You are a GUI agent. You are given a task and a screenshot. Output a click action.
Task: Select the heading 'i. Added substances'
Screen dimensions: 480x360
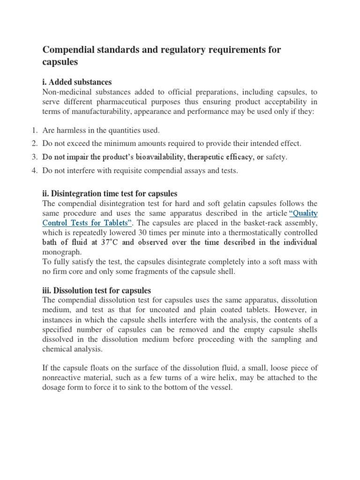[77, 82]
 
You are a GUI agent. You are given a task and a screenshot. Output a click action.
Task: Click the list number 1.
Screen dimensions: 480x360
[34, 130]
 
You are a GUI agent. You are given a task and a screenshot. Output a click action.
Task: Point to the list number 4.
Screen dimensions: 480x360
[34, 171]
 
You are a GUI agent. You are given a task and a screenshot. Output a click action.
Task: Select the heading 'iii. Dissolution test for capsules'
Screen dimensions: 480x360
[97, 291]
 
